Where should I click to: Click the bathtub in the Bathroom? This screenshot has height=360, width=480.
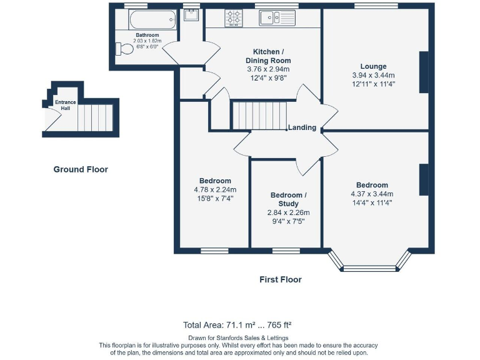(x=152, y=19)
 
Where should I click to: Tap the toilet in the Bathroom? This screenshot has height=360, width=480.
(x=124, y=49)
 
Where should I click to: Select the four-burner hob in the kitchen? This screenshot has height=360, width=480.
(x=234, y=17)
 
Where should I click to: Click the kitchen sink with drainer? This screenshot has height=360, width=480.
(x=277, y=17)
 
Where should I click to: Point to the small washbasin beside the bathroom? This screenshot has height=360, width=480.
(x=191, y=15)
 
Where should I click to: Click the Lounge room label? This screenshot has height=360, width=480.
(x=374, y=66)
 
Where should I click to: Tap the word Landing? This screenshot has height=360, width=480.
(x=302, y=127)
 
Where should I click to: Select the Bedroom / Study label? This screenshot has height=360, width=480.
(x=288, y=199)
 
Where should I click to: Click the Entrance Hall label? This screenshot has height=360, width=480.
(x=65, y=105)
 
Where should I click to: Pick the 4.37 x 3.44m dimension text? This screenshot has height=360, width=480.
(x=372, y=194)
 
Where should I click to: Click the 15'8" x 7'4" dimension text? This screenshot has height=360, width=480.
(x=215, y=198)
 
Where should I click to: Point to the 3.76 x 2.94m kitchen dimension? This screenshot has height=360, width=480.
(x=268, y=69)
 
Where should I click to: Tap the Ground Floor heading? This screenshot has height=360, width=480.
(x=81, y=169)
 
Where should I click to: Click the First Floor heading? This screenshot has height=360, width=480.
(x=281, y=279)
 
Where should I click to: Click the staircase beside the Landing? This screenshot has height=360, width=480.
(x=260, y=116)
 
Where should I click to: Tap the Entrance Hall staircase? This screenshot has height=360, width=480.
(x=95, y=118)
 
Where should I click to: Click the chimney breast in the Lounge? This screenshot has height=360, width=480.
(x=424, y=72)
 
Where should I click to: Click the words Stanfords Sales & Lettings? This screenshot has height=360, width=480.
(x=252, y=338)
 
